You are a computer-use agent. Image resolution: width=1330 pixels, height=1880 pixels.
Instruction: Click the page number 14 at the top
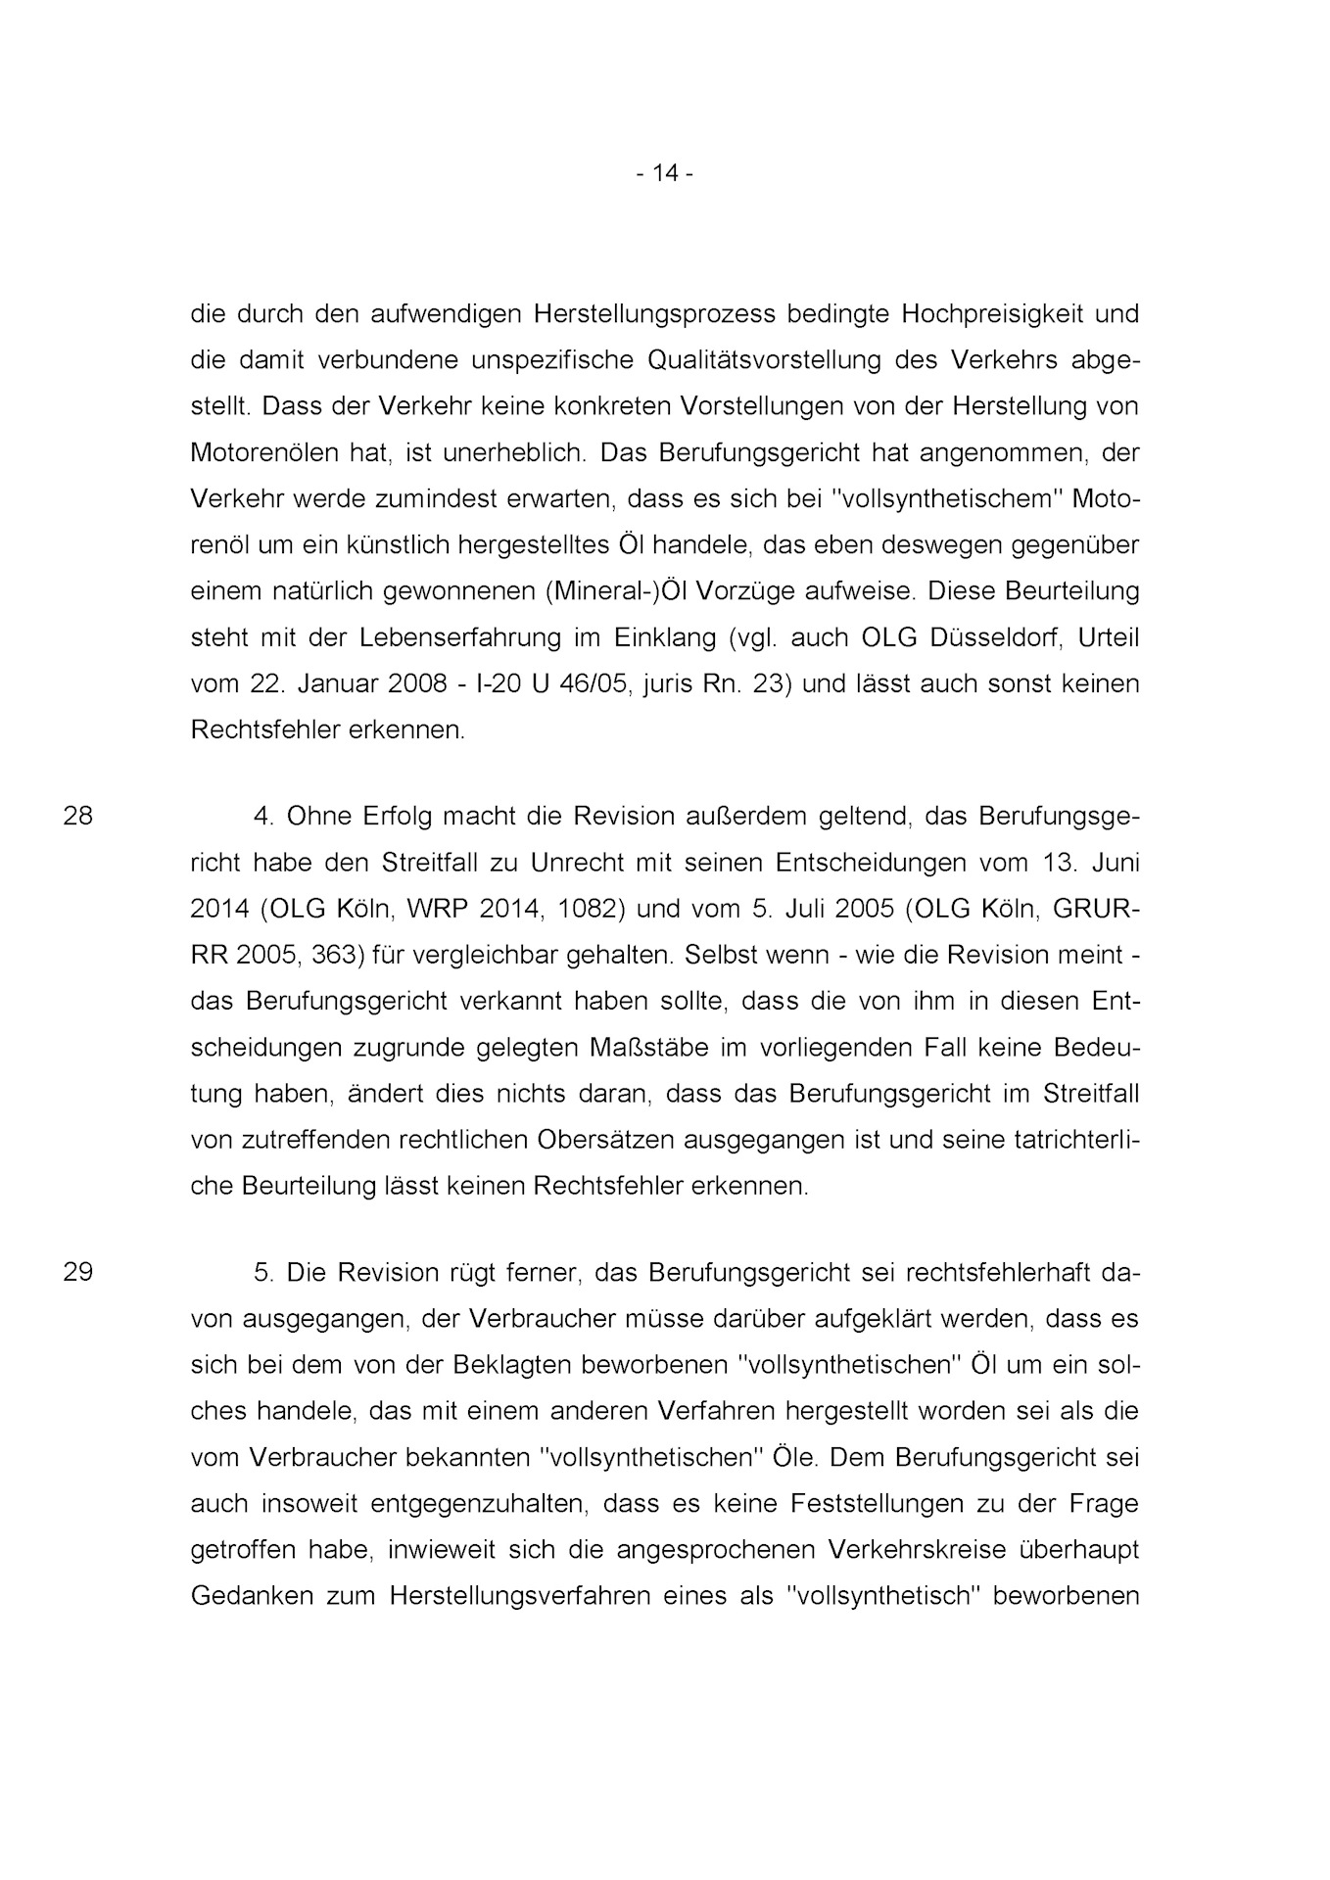click(665, 173)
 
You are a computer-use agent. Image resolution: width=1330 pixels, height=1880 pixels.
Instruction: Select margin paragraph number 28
click(78, 815)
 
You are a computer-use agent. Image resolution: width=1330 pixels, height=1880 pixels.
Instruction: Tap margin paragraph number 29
click(78, 1272)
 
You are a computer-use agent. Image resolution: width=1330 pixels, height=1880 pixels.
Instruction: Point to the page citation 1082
click(592, 908)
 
